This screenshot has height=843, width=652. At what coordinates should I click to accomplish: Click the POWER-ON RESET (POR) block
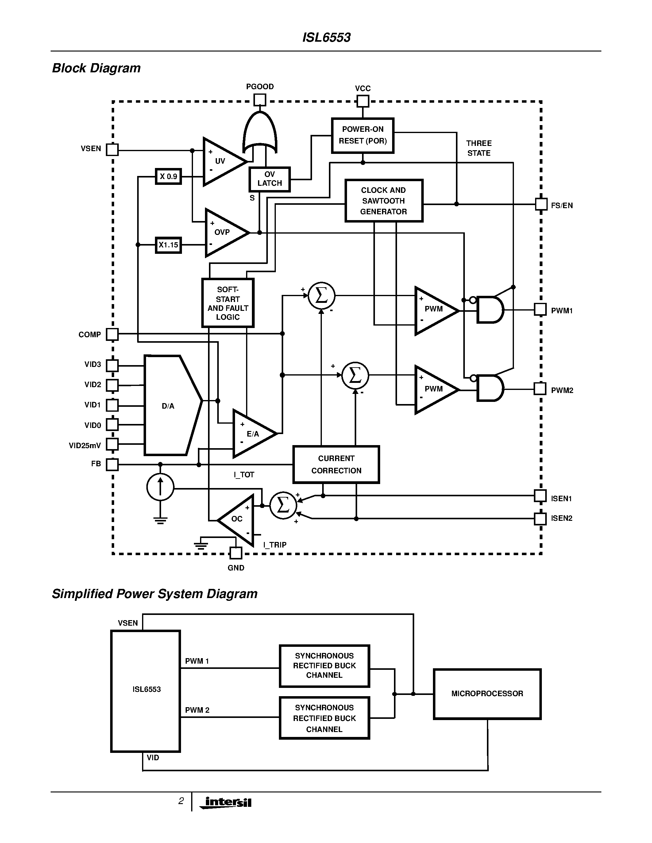[362, 135]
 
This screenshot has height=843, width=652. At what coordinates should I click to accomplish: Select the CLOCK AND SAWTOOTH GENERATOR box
[384, 201]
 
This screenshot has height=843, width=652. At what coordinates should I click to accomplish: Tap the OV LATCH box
[269, 179]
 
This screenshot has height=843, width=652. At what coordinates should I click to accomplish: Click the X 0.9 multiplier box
[168, 176]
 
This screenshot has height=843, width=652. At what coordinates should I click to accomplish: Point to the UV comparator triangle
[222, 161]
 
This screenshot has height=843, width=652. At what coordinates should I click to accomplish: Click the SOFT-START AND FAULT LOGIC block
[227, 303]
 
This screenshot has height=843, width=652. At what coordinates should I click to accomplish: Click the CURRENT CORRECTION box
[336, 464]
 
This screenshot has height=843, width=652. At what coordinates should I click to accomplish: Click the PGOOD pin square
[260, 100]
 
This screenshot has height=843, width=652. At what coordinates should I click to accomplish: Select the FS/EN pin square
[541, 204]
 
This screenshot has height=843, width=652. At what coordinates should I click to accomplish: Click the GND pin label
[236, 568]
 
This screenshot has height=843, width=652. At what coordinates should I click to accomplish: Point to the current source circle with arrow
[160, 487]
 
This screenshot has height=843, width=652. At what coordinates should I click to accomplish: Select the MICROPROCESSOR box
[487, 694]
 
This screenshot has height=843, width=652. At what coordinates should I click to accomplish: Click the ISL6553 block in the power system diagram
[146, 691]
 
